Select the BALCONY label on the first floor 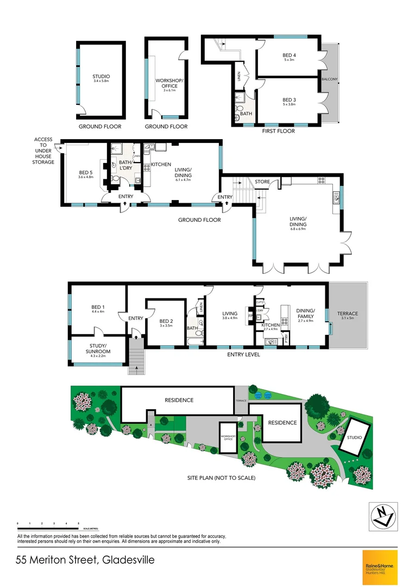330,79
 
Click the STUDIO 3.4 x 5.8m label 101,78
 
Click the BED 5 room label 86,174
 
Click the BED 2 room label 166,323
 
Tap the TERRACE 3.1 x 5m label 348,316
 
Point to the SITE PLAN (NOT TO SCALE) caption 218,478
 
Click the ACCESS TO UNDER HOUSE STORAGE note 43,151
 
